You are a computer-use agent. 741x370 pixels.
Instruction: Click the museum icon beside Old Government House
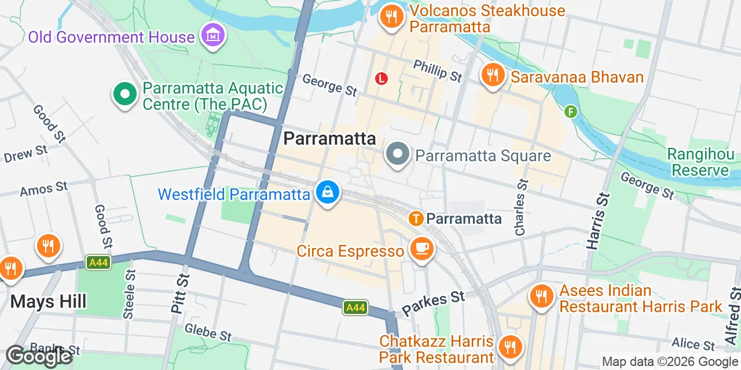[213, 36]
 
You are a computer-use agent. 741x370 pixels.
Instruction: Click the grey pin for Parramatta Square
[398, 155]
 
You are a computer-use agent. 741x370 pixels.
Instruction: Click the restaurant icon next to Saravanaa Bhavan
[493, 76]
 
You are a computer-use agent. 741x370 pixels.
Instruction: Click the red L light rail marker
[381, 78]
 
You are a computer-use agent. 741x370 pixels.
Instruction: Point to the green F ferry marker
[571, 111]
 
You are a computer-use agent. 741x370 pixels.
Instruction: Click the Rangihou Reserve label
[700, 162]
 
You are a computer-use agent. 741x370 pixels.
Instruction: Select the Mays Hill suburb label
[49, 301]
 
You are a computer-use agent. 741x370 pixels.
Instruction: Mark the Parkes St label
[433, 304]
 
